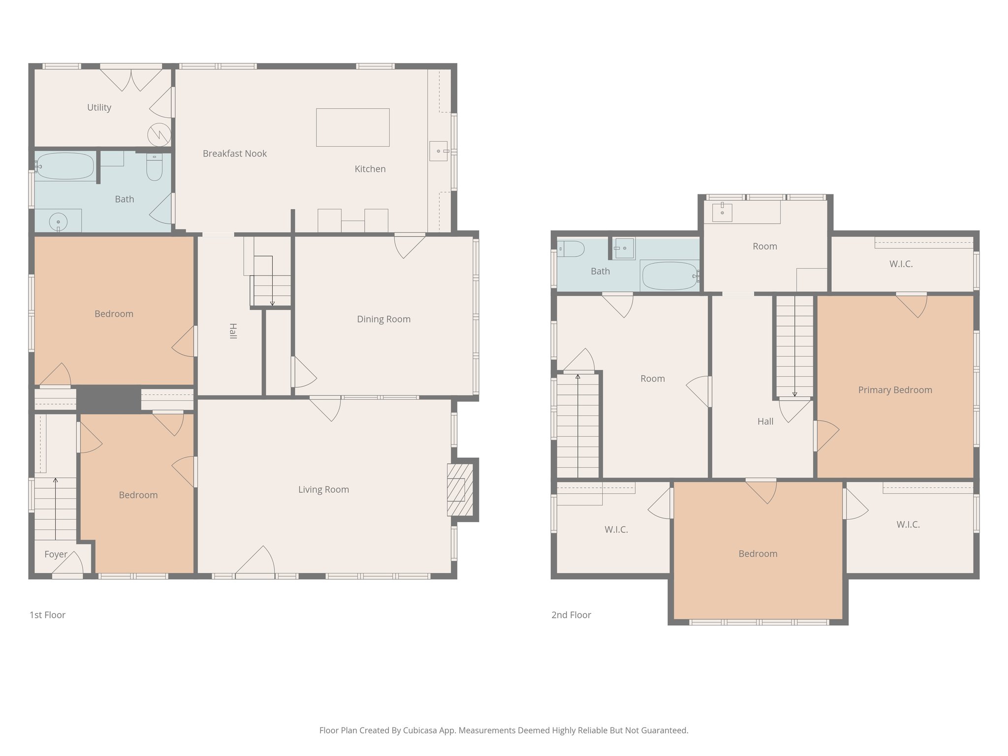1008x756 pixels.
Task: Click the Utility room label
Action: pos(99,107)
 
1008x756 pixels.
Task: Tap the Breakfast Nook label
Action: pos(234,154)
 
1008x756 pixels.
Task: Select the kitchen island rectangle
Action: pos(352,127)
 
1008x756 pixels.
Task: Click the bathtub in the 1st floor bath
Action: pos(65,166)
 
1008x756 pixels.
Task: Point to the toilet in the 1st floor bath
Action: pos(155,168)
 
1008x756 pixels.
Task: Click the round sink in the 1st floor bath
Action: pos(58,221)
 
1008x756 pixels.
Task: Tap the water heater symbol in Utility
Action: pos(159,134)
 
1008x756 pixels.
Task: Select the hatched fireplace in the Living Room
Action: pos(456,490)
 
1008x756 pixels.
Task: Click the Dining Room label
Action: pos(383,319)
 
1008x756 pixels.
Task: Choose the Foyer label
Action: pos(56,554)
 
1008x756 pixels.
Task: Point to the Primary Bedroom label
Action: pos(895,390)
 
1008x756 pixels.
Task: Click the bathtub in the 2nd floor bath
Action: pos(669,276)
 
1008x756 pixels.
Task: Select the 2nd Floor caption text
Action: pos(571,615)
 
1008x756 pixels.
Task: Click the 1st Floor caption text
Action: pos(47,615)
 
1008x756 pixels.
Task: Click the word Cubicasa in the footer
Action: pos(420,730)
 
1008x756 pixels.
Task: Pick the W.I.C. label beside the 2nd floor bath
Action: pos(901,264)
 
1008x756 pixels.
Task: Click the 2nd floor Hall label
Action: pos(765,421)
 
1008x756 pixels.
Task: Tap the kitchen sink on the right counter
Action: pos(438,151)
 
